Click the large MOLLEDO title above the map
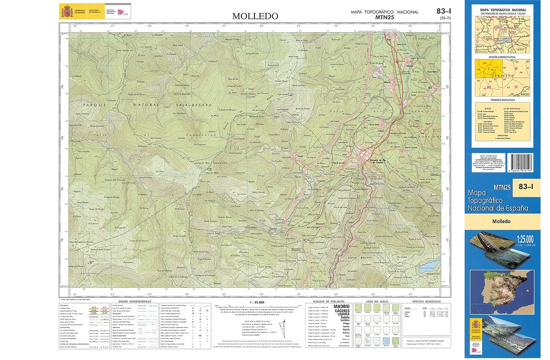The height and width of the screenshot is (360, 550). coord(255,16)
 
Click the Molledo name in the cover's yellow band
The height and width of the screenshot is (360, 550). coord(501,221)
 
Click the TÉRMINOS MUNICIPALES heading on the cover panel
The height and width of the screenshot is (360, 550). coord(502,99)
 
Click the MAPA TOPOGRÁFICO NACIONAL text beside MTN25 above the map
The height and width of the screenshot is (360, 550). coord(385,12)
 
